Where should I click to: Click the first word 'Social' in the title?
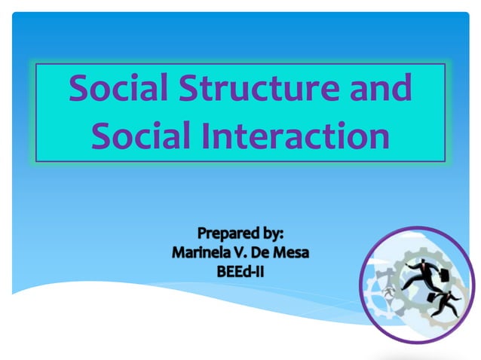[118, 90]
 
